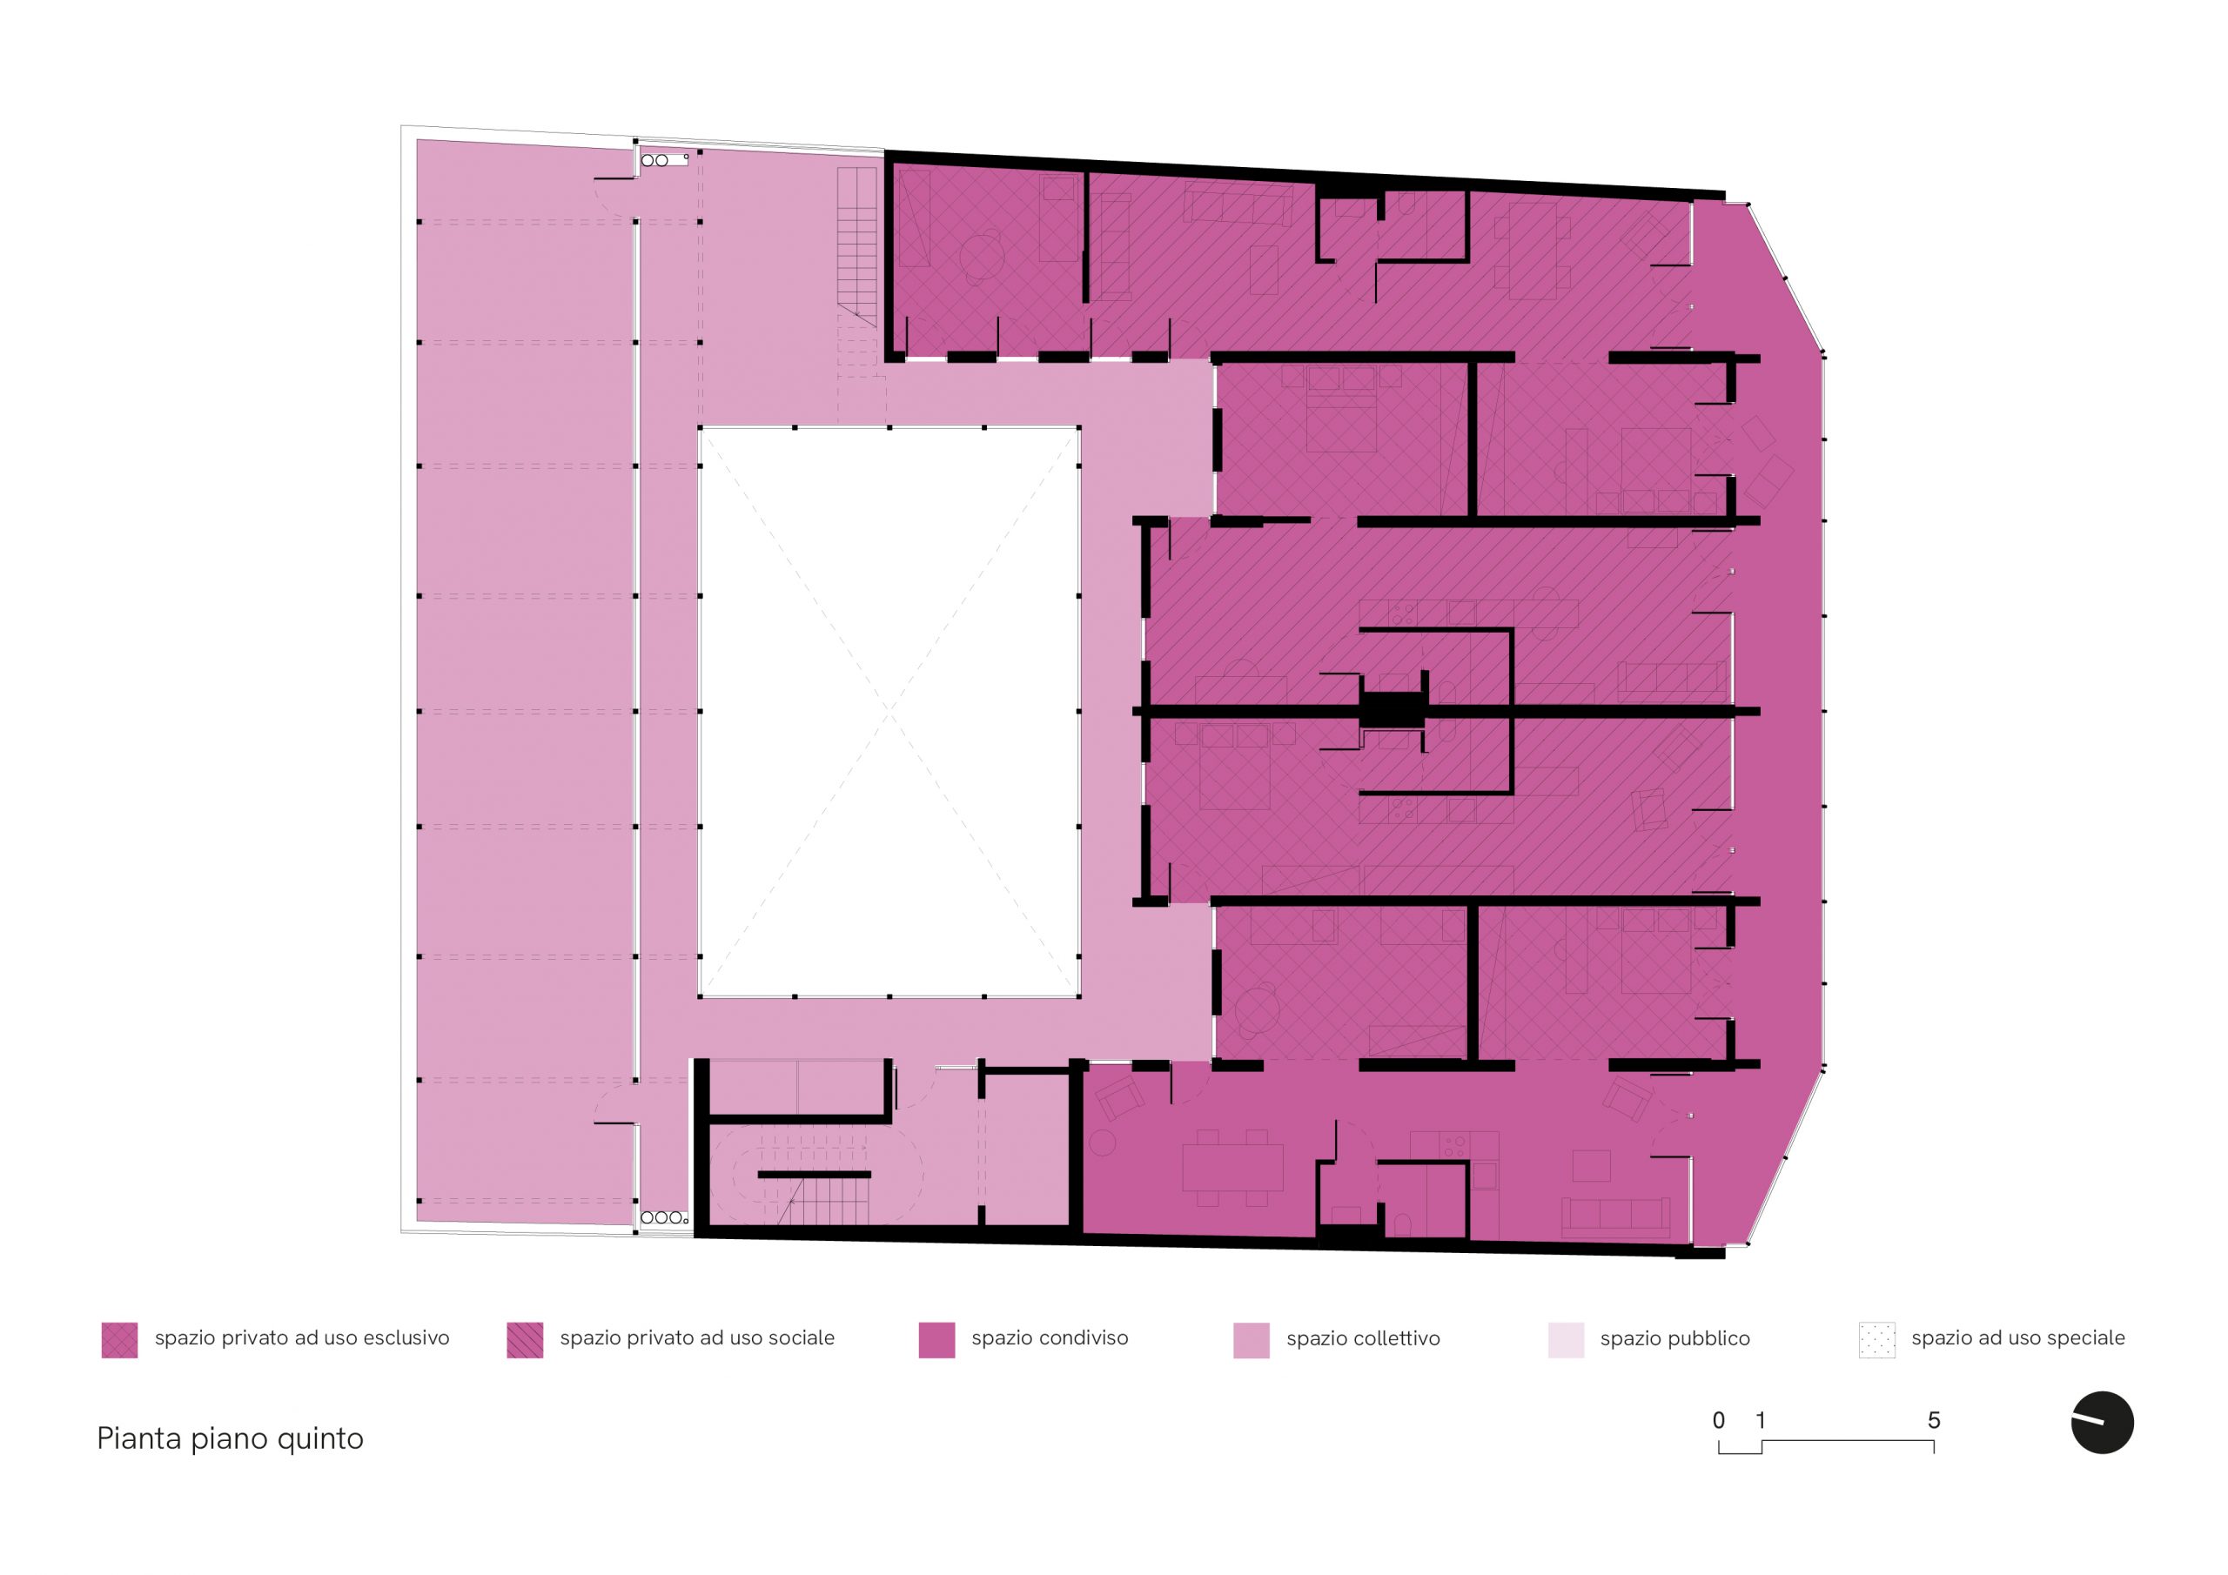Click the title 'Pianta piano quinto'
(x=230, y=1438)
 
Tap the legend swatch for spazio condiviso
(x=936, y=1339)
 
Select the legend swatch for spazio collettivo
(x=1251, y=1339)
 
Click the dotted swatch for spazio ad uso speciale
(x=1876, y=1339)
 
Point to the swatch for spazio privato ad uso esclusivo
(x=119, y=1339)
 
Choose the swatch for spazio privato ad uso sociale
(x=525, y=1339)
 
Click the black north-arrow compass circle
(x=2102, y=1423)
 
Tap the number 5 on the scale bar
(x=1933, y=1421)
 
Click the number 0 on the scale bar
(x=1719, y=1421)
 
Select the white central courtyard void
(x=889, y=713)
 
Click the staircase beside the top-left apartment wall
(x=857, y=246)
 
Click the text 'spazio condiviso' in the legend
(x=1049, y=1338)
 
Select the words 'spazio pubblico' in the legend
(x=1674, y=1339)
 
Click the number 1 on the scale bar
(x=1762, y=1421)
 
